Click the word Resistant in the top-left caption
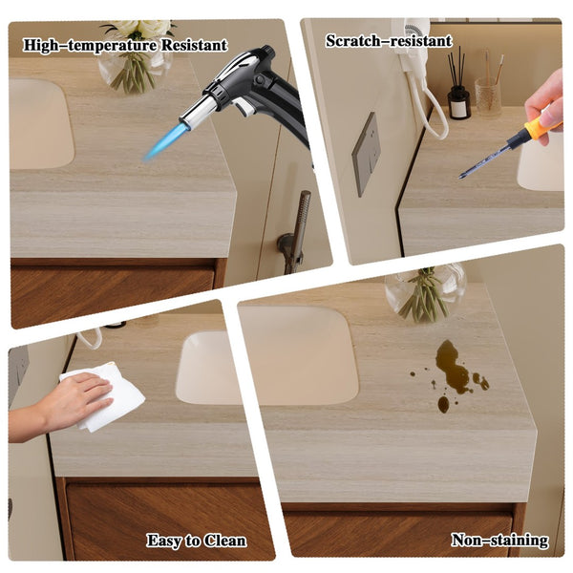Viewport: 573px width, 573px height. click(x=195, y=45)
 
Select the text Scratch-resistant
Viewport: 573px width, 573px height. click(x=389, y=40)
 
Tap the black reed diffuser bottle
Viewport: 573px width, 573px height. click(x=458, y=103)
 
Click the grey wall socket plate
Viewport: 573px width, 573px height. click(x=366, y=154)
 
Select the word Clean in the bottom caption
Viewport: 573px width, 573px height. click(x=224, y=541)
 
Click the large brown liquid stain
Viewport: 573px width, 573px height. click(x=453, y=368)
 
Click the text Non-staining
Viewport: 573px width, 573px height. click(x=499, y=541)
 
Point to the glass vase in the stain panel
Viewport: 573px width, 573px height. click(x=426, y=292)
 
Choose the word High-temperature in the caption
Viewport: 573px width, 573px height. click(x=91, y=45)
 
